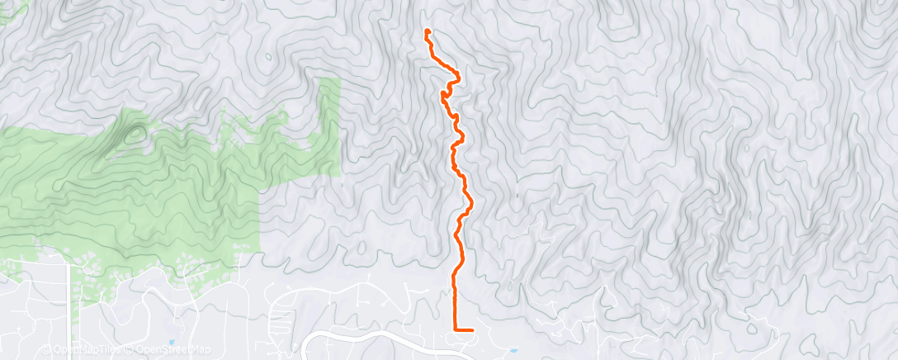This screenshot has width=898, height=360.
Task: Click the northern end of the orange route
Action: (428, 31)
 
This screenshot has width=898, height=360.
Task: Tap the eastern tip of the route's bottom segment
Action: (472, 329)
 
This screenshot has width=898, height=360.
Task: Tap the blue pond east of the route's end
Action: (513, 350)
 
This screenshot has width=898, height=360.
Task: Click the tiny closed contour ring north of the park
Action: (267, 58)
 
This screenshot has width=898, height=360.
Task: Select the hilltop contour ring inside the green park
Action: (135, 133)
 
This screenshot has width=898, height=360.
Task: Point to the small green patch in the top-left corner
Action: (12, 10)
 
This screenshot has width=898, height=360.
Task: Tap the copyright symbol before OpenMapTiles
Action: (46, 349)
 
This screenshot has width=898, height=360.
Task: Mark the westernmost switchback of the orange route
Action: (443, 95)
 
